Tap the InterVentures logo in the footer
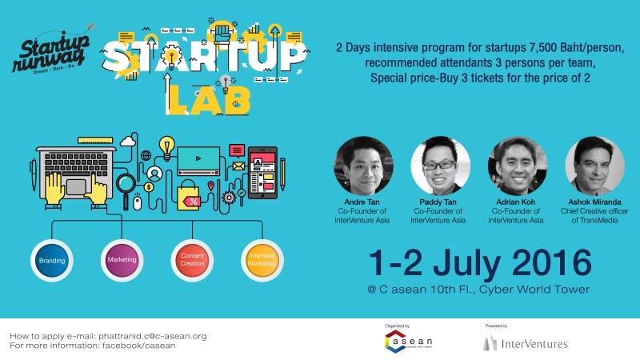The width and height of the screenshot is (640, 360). [x=525, y=343]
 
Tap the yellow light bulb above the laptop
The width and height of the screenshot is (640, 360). [x=167, y=147]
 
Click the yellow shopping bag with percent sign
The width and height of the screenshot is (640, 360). [x=190, y=194]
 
